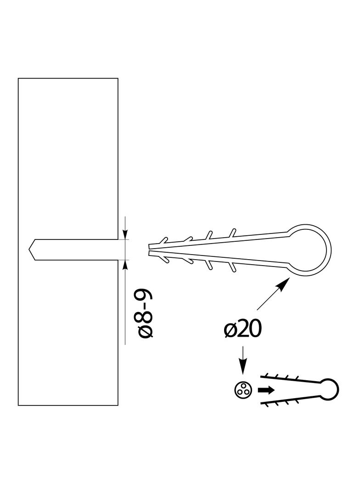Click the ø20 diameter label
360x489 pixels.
click(x=242, y=329)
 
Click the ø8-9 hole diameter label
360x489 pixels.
click(x=145, y=314)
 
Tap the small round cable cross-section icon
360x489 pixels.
click(x=242, y=389)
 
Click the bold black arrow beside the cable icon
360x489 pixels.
click(x=266, y=390)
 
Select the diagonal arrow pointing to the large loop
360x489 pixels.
click(x=272, y=294)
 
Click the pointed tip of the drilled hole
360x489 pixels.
click(x=29, y=250)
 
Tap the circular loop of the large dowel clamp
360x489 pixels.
click(x=309, y=250)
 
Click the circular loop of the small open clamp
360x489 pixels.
click(x=329, y=389)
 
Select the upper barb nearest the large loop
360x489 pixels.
click(x=232, y=233)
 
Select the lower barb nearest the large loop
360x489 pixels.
click(x=232, y=267)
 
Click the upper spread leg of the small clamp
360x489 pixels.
click(x=290, y=378)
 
